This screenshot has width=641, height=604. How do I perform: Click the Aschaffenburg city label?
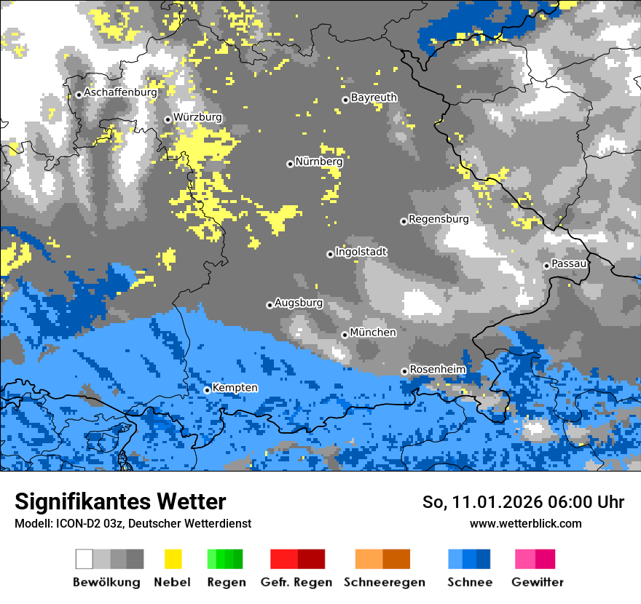(120, 93)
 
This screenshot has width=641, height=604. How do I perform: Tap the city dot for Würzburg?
(168, 119)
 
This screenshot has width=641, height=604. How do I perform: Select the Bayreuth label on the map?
(374, 98)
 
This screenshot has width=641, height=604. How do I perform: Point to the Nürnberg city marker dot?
(290, 164)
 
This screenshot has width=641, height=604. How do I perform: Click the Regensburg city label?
(439, 219)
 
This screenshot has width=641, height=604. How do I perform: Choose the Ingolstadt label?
(361, 252)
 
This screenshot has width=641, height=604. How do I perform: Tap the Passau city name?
(570, 263)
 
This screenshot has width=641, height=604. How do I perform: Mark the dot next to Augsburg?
(270, 305)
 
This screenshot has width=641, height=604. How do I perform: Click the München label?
(373, 333)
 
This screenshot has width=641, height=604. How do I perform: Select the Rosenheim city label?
(437, 370)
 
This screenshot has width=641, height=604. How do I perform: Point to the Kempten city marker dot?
(207, 390)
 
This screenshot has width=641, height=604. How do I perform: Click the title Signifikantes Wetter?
(120, 502)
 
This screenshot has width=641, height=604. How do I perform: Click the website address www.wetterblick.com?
(525, 523)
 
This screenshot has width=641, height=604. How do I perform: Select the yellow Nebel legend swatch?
(173, 559)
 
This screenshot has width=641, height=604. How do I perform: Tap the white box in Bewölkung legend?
(84, 559)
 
